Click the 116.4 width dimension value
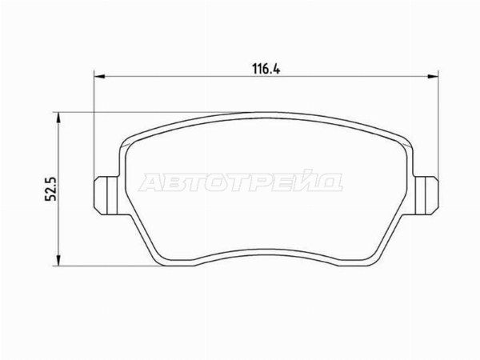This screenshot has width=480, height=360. click(x=266, y=69)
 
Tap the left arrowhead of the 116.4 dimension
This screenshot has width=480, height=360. click(x=99, y=76)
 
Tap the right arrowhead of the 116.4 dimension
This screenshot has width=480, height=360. click(x=433, y=76)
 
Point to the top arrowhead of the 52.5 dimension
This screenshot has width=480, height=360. click(x=58, y=118)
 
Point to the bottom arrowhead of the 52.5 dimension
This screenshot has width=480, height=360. click(x=58, y=260)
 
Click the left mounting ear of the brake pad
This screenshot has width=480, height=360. click(x=106, y=196)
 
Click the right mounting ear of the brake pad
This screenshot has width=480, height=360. click(x=426, y=196)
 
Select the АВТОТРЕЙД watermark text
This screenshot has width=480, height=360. click(x=240, y=182)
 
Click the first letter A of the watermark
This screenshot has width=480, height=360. click(x=151, y=182)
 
